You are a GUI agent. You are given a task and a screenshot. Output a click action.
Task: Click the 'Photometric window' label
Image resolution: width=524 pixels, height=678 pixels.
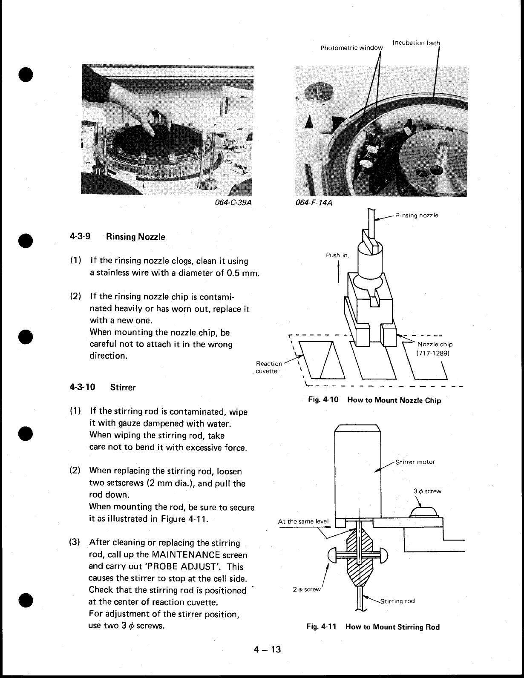351,48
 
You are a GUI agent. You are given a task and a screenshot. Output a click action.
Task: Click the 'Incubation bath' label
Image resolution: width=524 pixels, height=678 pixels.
416,43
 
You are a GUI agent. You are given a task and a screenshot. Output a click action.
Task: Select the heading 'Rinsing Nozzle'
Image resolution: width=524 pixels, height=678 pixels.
135,237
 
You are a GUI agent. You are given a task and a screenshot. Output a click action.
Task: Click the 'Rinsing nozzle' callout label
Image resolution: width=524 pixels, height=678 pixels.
417,215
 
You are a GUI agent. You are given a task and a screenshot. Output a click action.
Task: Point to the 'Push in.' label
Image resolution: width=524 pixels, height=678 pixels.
337,256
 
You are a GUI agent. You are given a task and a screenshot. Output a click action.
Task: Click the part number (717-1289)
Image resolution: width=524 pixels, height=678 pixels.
433,353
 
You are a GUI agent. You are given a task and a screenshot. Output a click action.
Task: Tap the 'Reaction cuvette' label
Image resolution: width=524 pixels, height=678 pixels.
268,367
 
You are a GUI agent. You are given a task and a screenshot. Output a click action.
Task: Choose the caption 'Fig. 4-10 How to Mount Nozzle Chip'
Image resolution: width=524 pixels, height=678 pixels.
375,400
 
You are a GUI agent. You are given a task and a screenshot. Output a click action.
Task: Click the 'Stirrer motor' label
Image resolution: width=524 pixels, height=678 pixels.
415,462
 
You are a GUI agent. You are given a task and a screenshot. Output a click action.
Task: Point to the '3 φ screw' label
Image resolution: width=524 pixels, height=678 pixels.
427,491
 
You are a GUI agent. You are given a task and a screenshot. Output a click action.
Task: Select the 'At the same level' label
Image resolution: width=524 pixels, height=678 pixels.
303,522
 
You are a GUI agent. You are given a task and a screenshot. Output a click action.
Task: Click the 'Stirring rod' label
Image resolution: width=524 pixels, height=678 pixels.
397,601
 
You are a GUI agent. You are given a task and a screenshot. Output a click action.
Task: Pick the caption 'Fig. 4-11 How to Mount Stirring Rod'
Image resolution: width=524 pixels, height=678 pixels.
373,627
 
